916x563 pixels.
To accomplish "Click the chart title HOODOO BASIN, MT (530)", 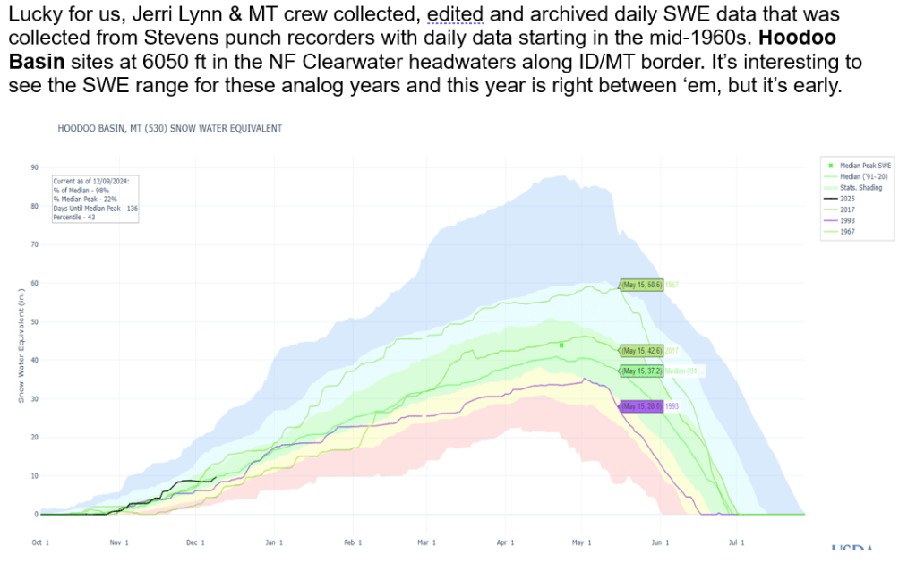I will click(170, 129).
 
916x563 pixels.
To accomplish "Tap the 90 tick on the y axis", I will click(33, 167).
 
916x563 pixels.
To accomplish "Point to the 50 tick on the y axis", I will click(33, 321).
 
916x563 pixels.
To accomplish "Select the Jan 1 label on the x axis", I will click(274, 542).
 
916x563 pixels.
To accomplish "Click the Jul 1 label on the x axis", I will click(735, 542).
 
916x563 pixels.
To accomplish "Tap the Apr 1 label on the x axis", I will click(505, 542).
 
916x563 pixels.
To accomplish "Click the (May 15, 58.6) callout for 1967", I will click(641, 286).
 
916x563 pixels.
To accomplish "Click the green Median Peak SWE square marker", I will click(561, 345).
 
